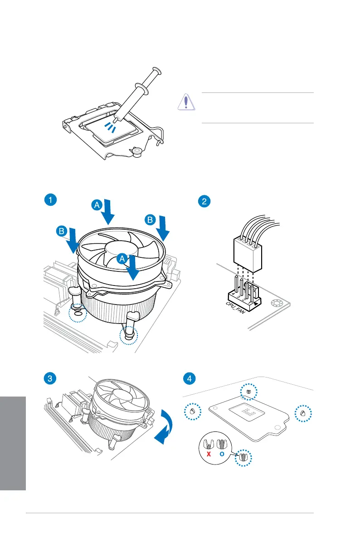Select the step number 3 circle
51,378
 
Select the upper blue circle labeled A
97,205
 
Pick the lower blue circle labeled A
122,259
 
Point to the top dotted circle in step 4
248,392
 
